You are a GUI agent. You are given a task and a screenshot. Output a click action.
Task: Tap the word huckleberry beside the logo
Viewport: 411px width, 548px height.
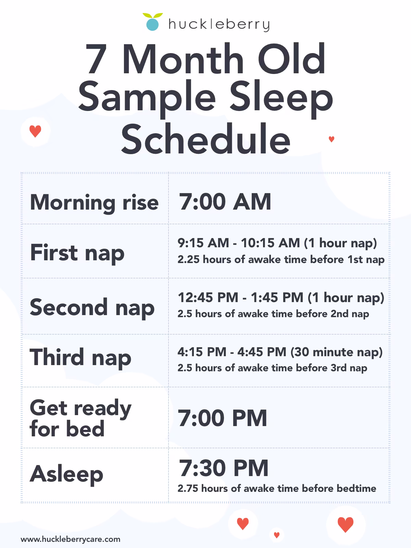tap(219, 25)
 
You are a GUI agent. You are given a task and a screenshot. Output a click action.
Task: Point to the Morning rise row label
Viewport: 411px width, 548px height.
tap(94, 202)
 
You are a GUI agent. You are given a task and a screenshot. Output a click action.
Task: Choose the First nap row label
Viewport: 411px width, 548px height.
tap(77, 253)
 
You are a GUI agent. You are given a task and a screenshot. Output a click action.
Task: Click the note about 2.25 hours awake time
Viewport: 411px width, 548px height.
tap(281, 260)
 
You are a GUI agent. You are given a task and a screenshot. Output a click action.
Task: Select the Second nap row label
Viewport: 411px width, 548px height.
tap(92, 307)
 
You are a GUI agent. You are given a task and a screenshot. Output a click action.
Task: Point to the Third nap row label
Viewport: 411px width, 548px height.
tap(80, 358)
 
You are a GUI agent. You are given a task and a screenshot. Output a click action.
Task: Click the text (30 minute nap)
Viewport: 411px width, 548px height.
tap(336, 352)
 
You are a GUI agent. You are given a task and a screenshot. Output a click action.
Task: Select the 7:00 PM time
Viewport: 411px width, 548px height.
tap(223, 418)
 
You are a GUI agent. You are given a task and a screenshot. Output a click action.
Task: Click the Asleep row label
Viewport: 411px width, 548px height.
tap(66, 474)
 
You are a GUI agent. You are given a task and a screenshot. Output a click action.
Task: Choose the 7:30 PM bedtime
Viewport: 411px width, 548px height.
tap(224, 468)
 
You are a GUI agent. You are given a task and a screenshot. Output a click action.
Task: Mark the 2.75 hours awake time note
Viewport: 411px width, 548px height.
tap(277, 488)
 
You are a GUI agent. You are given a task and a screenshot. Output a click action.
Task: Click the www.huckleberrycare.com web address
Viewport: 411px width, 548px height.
tap(71, 539)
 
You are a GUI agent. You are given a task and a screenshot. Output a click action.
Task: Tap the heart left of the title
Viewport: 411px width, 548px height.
tap(35, 131)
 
